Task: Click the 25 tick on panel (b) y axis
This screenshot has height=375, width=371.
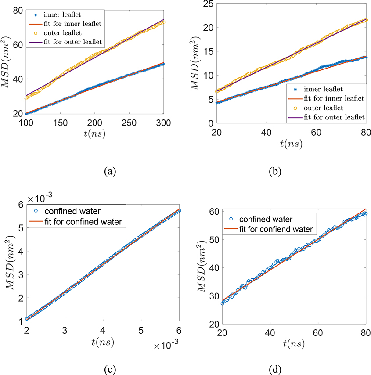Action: pyautogui.click(x=206, y=4)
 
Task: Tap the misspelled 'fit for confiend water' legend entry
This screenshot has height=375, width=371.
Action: pyautogui.click(x=273, y=229)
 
